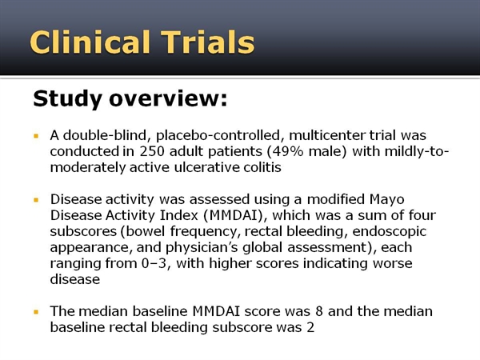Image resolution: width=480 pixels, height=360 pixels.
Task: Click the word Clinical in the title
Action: [90, 42]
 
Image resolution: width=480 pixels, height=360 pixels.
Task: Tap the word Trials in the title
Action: [208, 42]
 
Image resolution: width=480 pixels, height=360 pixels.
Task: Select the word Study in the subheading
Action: [67, 99]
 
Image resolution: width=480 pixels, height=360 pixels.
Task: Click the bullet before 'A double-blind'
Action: [36, 136]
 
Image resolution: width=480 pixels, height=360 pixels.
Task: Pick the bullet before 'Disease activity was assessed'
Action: [36, 200]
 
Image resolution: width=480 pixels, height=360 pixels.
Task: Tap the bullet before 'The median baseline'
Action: [36, 312]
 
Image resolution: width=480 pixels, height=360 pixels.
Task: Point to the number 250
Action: [152, 151]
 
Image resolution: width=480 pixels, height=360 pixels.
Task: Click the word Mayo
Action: [387, 199]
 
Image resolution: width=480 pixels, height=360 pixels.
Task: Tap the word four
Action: [422, 215]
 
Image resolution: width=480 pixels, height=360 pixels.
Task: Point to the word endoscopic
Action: [390, 231]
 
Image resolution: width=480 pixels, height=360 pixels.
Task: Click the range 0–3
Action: [154, 263]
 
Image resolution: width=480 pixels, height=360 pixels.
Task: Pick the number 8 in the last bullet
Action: [319, 311]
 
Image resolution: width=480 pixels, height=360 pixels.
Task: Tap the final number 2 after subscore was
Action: [310, 327]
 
